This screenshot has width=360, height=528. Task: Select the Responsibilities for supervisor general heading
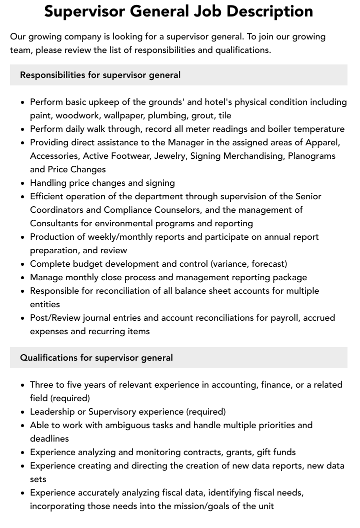(x=100, y=75)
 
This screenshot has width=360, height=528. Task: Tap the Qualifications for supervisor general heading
(x=96, y=358)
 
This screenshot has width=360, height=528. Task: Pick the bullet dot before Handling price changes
(x=23, y=183)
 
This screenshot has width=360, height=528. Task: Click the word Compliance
(x=104, y=210)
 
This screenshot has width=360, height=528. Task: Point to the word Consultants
(x=54, y=223)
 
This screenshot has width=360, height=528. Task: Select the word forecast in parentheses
(x=268, y=264)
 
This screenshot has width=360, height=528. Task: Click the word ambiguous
(x=117, y=425)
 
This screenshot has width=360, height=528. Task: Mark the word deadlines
(x=49, y=439)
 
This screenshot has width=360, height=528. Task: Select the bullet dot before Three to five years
(x=23, y=385)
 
